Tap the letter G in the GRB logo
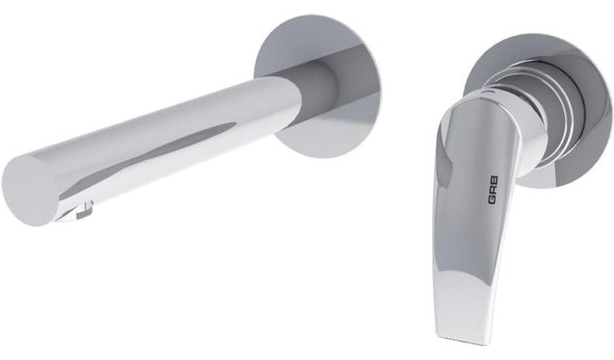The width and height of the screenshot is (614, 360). coord(493,200)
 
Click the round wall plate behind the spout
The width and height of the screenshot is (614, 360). coord(318,87)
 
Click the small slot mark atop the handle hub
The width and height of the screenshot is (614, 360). coord(488,92)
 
